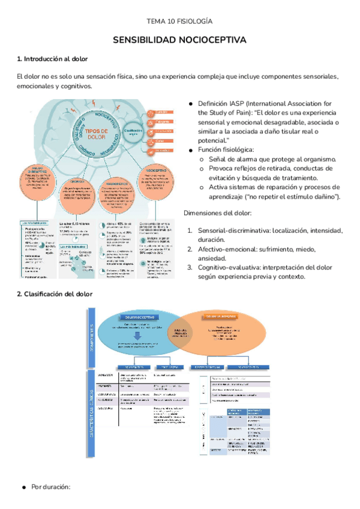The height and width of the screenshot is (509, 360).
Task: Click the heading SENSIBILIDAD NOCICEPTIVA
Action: click(x=180, y=40)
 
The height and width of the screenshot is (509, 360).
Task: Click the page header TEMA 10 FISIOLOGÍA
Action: click(x=180, y=22)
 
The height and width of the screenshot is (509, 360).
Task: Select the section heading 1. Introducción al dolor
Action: click(x=52, y=59)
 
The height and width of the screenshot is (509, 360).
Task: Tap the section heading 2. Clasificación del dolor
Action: click(x=55, y=294)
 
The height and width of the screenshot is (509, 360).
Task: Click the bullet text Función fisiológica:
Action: click(x=228, y=149)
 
